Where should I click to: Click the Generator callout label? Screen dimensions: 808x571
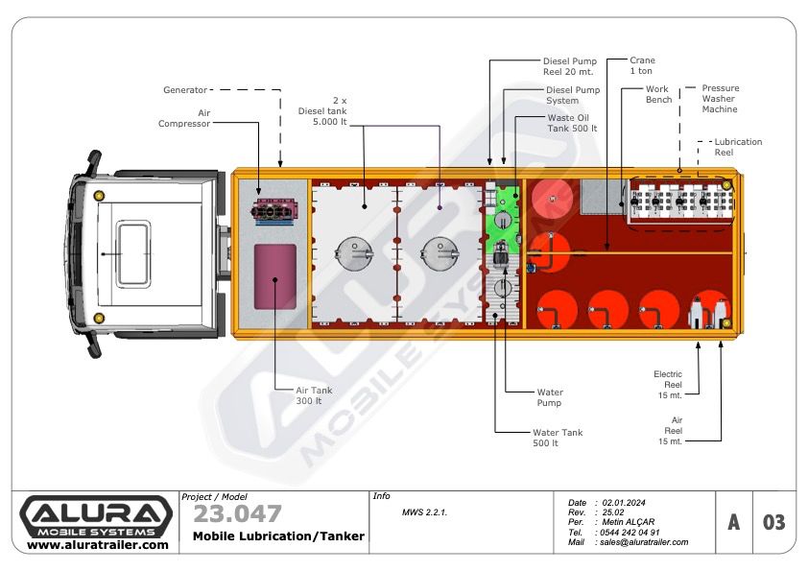click(185, 89)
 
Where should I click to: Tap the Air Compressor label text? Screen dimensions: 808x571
click(184, 118)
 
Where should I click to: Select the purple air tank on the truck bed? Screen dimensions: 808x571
click(275, 276)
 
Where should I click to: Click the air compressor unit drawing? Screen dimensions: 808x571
click(273, 211)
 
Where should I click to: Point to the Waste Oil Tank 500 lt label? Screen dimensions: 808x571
click(572, 123)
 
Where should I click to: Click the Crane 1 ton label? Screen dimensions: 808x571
click(642, 65)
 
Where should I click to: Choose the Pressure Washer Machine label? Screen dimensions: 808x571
click(720, 99)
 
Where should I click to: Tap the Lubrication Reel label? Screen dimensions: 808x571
click(738, 147)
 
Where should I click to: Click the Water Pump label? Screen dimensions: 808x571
click(550, 397)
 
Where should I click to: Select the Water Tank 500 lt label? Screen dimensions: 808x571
click(558, 438)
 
